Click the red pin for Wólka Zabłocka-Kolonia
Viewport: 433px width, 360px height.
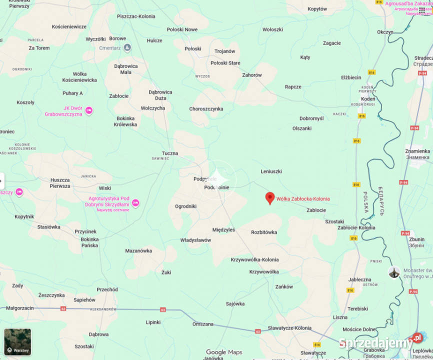click(269, 198)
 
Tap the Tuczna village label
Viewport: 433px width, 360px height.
click(170, 153)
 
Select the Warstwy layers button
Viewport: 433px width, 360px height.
click(17, 341)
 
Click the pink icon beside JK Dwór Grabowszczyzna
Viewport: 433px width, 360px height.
click(89, 110)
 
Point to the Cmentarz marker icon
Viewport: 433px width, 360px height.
click(127, 48)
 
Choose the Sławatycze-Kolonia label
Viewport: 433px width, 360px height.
click(289, 328)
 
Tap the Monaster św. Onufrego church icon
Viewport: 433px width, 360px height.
click(394, 272)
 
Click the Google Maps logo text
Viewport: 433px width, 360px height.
click(224, 352)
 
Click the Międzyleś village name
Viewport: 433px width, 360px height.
click(223, 230)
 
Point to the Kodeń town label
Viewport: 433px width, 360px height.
click(368, 99)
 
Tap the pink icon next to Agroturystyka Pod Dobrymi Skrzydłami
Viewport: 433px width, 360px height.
click(135, 202)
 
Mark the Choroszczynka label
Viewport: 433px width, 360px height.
click(206, 109)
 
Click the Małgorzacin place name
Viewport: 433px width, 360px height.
click(17, 308)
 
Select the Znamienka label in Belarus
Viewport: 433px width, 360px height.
click(417, 151)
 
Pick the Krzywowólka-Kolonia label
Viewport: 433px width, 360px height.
click(255, 259)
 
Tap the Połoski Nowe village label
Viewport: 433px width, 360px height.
click(182, 29)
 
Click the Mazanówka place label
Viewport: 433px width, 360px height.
click(138, 250)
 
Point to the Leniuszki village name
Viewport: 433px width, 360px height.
click(271, 171)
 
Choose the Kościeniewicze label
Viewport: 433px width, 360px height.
click(69, 26)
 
